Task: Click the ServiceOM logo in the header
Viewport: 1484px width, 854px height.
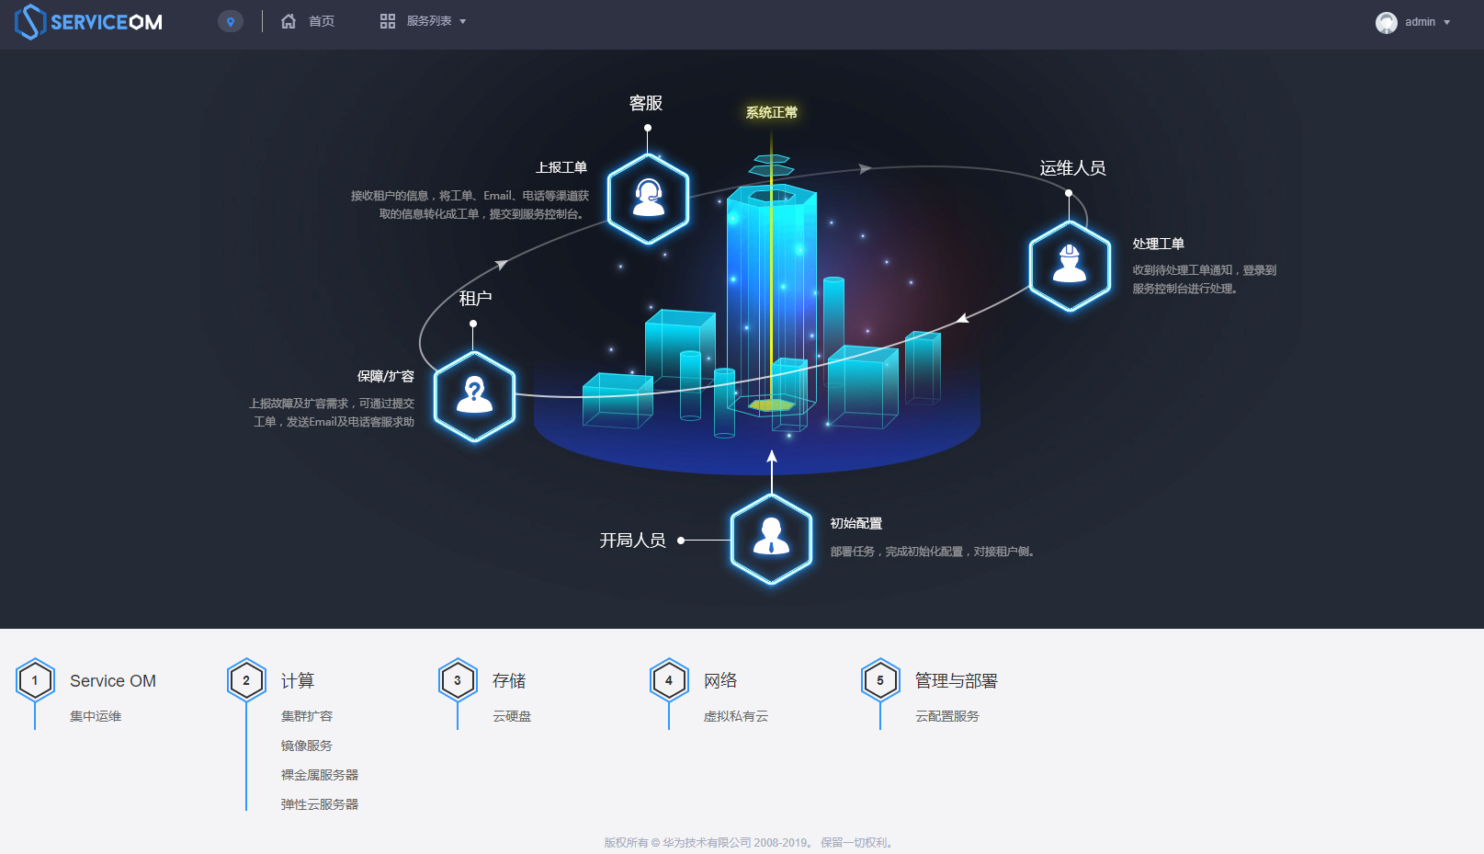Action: pyautogui.click(x=89, y=22)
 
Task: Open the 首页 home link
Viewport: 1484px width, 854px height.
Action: pyautogui.click(x=309, y=21)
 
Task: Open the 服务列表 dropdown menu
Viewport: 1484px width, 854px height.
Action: pyautogui.click(x=424, y=21)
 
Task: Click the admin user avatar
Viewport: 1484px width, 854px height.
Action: pyautogui.click(x=1386, y=22)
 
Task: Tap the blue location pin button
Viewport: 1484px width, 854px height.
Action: pyautogui.click(x=231, y=21)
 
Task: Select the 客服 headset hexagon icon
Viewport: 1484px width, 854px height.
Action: pyautogui.click(x=648, y=199)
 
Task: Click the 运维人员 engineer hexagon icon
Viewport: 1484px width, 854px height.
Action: pyautogui.click(x=1070, y=265)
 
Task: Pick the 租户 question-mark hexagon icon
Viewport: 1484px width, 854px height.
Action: pyautogui.click(x=474, y=395)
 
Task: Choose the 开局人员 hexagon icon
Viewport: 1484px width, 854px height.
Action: pyautogui.click(x=771, y=539)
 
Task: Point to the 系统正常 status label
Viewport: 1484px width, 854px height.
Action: pyautogui.click(x=771, y=112)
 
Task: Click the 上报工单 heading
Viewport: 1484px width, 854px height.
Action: pyautogui.click(x=561, y=167)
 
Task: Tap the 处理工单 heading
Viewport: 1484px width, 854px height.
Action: pyautogui.click(x=1158, y=244)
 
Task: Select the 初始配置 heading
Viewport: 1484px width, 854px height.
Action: pyautogui.click(x=855, y=523)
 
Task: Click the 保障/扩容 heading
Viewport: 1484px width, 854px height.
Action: pyautogui.click(x=385, y=376)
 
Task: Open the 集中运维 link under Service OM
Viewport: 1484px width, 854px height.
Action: pyautogui.click(x=96, y=716)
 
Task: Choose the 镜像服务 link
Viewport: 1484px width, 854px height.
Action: pyautogui.click(x=307, y=746)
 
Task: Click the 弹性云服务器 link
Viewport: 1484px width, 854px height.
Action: pyautogui.click(x=320, y=804)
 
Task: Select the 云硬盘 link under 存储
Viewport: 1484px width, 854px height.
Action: pyautogui.click(x=512, y=716)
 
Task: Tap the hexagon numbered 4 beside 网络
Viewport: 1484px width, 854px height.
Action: pyautogui.click(x=669, y=680)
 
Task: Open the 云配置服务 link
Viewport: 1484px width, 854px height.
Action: pyautogui.click(x=947, y=716)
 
